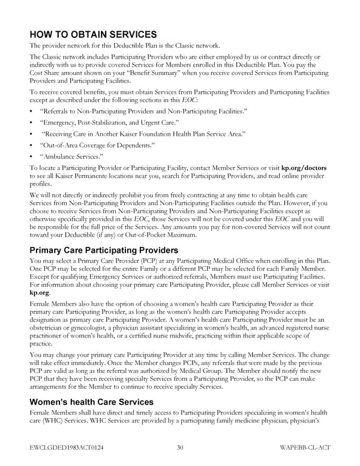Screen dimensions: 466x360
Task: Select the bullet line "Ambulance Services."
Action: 69,156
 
